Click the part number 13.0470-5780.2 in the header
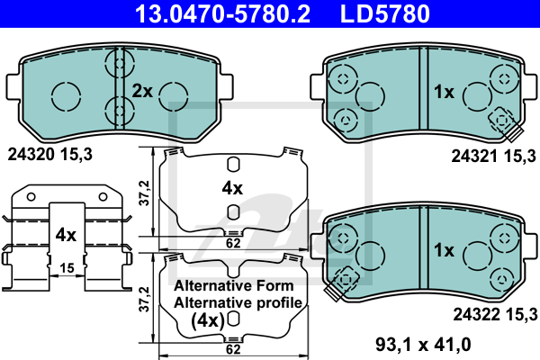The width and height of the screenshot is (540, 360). point(222,13)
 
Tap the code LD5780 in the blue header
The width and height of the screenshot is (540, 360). point(385,13)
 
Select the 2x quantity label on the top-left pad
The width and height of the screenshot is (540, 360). point(142,91)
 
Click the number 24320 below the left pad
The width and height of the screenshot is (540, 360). point(31,154)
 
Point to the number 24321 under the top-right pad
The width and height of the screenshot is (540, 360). point(474,157)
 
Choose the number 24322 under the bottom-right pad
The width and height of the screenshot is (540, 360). point(476,314)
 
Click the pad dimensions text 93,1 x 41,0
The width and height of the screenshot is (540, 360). point(423,344)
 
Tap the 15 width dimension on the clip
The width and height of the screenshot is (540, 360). point(67,267)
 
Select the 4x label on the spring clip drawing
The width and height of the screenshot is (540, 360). point(66,235)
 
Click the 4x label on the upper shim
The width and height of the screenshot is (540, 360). point(232,188)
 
